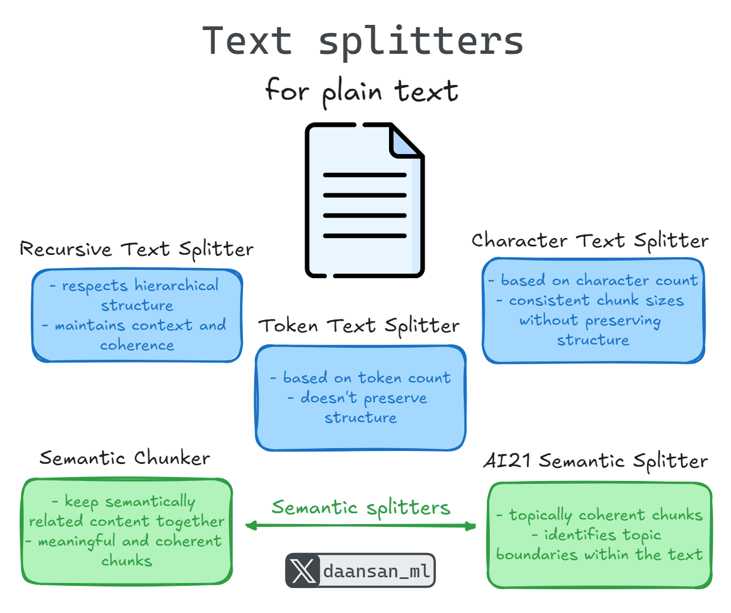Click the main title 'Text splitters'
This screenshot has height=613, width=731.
364,41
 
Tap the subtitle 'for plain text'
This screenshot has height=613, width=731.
362,91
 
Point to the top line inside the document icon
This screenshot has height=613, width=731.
365,175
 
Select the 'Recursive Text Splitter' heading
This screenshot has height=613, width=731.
136,249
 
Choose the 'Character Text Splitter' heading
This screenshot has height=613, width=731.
590,241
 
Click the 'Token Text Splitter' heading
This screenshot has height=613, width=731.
359,326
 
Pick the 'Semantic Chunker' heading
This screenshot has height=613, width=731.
125,458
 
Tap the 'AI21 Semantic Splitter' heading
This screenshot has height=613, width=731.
595,461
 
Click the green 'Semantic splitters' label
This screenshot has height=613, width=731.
361,508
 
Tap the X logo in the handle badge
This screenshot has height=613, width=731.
303,571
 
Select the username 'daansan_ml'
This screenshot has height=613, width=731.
377,571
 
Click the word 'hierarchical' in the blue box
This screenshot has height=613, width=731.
177,286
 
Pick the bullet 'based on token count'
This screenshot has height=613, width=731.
366,378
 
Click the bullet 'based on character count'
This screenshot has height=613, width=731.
599,280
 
